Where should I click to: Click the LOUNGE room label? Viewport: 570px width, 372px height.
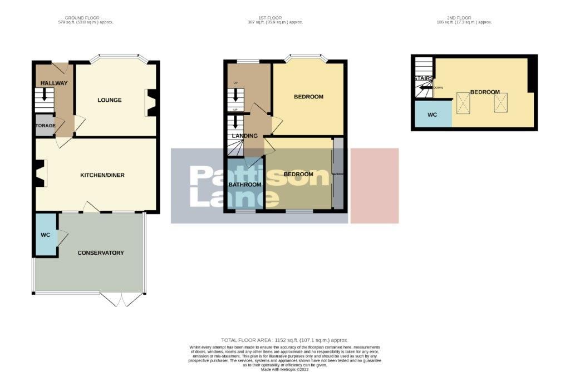(109, 100)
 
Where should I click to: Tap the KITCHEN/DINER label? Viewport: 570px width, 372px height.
(102, 175)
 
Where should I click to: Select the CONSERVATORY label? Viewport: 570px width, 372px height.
(100, 253)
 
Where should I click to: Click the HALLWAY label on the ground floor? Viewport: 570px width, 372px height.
(54, 83)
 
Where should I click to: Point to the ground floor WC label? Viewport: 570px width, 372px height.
(46, 235)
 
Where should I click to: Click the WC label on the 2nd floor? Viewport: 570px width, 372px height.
(432, 115)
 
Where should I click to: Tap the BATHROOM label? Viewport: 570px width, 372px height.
(245, 185)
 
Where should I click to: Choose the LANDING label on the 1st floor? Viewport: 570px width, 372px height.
(245, 136)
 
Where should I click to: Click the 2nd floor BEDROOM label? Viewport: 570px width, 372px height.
(484, 92)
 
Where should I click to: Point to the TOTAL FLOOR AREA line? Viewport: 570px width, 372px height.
(284, 339)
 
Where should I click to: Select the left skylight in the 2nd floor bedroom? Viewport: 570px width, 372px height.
(463, 102)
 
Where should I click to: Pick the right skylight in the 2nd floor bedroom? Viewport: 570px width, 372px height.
(501, 102)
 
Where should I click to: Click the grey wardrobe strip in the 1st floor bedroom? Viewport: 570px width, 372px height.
(337, 173)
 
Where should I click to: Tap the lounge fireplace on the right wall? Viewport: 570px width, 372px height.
(151, 103)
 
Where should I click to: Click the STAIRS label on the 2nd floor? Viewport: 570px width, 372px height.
(422, 78)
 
